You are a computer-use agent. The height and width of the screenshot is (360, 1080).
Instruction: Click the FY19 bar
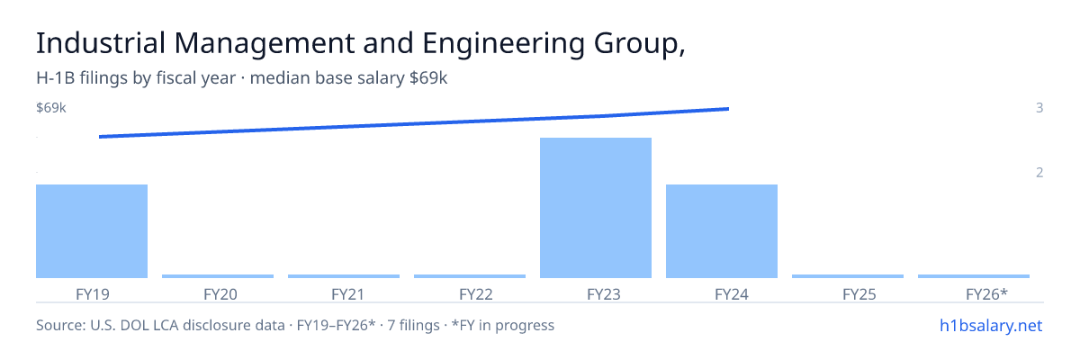(x=92, y=230)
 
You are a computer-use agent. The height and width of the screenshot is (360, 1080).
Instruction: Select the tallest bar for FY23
(x=596, y=208)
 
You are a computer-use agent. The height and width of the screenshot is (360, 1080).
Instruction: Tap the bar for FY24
(x=722, y=230)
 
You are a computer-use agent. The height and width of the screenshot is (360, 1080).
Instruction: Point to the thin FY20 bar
(x=218, y=276)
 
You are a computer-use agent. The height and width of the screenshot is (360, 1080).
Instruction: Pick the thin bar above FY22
(x=470, y=276)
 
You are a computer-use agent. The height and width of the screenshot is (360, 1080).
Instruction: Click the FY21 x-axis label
(x=348, y=294)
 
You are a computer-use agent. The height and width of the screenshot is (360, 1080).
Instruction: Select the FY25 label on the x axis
(x=859, y=294)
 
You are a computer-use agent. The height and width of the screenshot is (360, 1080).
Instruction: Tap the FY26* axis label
(x=987, y=294)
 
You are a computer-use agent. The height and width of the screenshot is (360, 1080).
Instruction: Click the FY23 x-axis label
(x=604, y=294)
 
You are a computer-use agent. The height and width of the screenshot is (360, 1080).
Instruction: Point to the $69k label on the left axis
(x=51, y=107)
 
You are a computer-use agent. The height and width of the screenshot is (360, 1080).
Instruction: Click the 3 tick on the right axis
(x=1039, y=107)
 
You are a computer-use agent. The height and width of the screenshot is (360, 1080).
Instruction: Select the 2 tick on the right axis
(x=1039, y=172)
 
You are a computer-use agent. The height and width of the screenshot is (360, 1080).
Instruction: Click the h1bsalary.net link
(x=991, y=325)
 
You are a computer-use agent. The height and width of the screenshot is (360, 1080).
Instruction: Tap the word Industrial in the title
(x=101, y=43)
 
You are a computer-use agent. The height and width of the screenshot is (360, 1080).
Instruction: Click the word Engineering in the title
(x=503, y=44)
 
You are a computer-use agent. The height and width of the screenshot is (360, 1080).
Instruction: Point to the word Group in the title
(x=636, y=44)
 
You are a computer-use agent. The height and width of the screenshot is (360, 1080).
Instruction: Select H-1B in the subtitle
(x=56, y=77)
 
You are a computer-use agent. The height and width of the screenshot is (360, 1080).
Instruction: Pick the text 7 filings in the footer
(x=414, y=325)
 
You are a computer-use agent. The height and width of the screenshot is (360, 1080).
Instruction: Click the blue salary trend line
(x=414, y=123)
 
